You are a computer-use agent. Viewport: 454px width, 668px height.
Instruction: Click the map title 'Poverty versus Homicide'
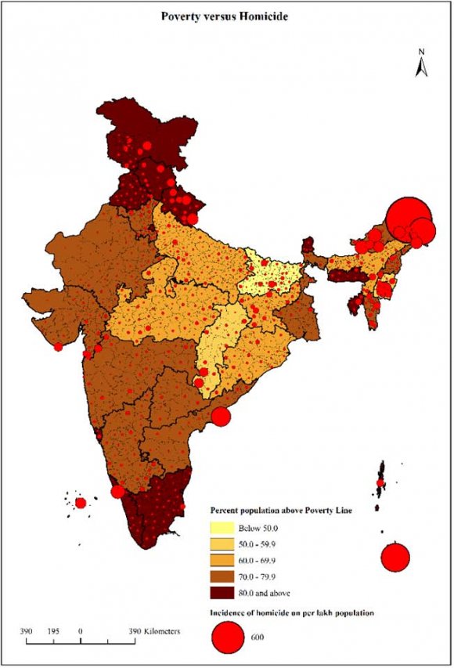tap(227, 15)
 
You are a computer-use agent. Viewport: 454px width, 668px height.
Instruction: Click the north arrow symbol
tap(420, 68)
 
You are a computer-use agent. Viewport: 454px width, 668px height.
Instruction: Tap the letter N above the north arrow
tap(420, 52)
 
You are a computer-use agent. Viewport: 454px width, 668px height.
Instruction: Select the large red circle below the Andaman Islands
tap(395, 558)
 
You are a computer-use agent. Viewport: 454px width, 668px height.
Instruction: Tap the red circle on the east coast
tap(221, 417)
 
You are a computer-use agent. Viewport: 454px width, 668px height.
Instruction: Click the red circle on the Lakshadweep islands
tap(81, 503)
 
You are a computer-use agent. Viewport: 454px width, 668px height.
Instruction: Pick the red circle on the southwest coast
tap(117, 492)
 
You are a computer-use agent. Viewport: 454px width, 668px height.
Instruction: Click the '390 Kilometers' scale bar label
tap(157, 630)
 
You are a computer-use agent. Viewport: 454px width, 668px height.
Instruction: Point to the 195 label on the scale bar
tap(53, 630)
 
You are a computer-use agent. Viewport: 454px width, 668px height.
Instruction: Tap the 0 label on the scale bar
tap(81, 630)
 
